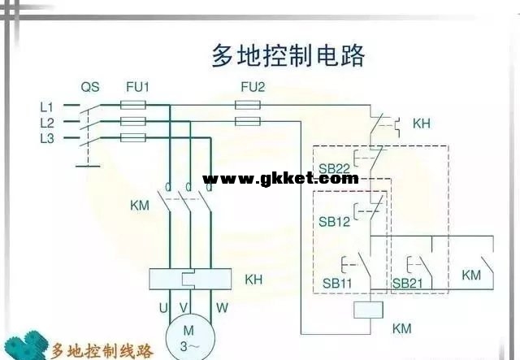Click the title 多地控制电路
tap(288, 56)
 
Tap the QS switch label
tap(90, 87)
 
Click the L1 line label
tap(46, 106)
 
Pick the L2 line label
tap(46, 122)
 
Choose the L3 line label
tap(46, 138)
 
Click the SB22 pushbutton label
tap(334, 169)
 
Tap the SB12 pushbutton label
tap(334, 221)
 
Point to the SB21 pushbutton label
tap(407, 283)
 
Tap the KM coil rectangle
tap(370, 310)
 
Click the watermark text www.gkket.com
tap(279, 178)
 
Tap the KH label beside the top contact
tap(422, 124)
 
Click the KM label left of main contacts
tap(140, 205)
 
